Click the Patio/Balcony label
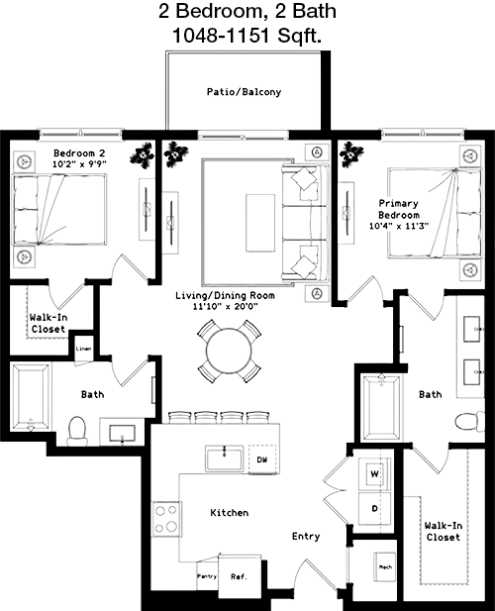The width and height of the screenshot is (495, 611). coord(244,92)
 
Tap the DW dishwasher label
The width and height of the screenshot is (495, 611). coord(262,459)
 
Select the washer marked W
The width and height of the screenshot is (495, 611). coord(374,473)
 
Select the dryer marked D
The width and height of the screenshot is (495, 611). coord(374,509)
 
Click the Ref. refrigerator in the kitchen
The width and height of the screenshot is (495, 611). coord(240,576)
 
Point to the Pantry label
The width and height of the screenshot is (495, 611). coord(207,576)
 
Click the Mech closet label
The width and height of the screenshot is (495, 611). coord(385,567)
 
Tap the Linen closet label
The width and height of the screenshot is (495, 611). coord(84,349)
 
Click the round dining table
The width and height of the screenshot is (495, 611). coord(229,352)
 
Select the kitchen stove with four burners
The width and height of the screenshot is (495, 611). coord(166,519)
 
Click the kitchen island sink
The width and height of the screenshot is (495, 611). coord(224,458)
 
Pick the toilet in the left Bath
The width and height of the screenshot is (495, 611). coord(77,432)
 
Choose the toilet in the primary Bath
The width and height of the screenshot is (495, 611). coord(470,421)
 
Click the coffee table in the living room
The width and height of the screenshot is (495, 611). coord(260,223)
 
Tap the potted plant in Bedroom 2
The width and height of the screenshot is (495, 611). coord(142,155)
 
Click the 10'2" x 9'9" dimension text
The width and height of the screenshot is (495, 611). coord(79,164)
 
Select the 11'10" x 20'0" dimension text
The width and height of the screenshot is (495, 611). coord(225,306)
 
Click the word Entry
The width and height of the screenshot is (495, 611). coord(306,537)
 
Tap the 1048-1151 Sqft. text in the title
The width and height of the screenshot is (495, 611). coord(247,36)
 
